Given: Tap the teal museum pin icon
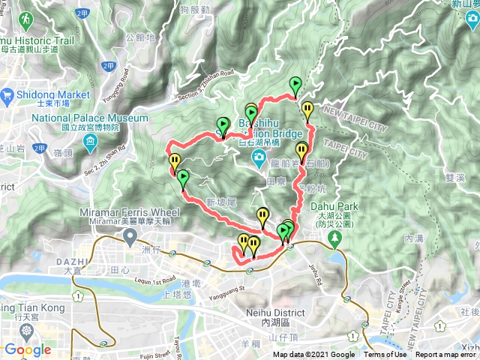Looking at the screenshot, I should [x=91, y=142].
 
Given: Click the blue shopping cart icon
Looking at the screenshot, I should [x=7, y=94].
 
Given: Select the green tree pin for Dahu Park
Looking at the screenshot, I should [x=334, y=239].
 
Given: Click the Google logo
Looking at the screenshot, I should [x=27, y=349].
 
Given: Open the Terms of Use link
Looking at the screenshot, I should [x=385, y=355].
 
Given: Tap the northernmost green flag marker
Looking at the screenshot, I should [x=295, y=85].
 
